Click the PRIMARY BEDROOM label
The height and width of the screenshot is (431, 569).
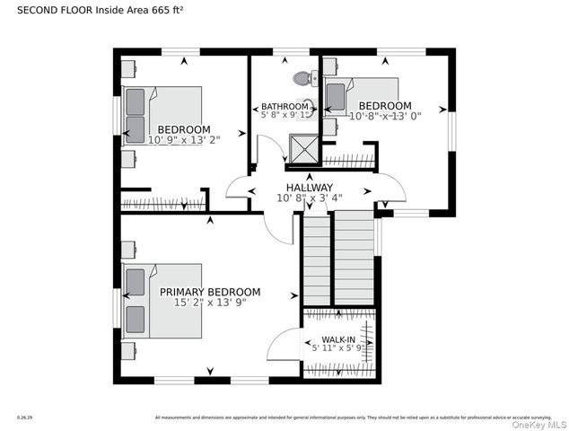coord(210,292)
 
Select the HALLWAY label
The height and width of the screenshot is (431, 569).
coord(309,187)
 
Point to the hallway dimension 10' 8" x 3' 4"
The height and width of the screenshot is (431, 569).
coord(309,199)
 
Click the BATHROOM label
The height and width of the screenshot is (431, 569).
coord(284,106)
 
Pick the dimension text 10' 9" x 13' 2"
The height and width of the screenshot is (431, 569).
coord(184,139)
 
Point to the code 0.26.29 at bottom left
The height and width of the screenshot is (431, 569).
coord(24,418)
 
